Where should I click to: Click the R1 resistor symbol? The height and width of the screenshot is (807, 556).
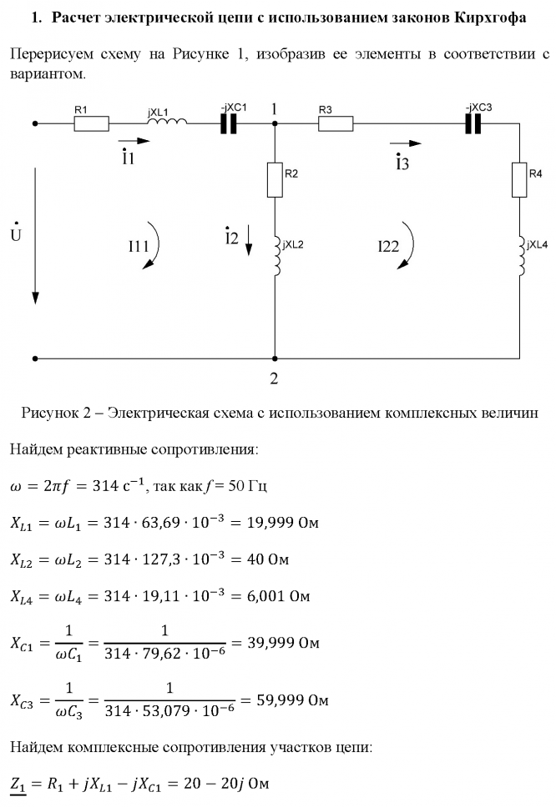click(91, 124)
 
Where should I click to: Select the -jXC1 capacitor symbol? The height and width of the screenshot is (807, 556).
click(228, 124)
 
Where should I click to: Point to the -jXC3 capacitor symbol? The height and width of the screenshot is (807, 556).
click(474, 124)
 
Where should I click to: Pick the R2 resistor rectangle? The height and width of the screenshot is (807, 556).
click(275, 178)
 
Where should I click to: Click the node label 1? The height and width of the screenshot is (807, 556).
click(274, 108)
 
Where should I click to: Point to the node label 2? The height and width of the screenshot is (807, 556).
click(273, 378)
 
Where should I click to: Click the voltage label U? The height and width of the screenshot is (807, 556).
click(16, 233)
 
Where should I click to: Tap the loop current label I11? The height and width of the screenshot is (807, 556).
click(139, 246)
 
